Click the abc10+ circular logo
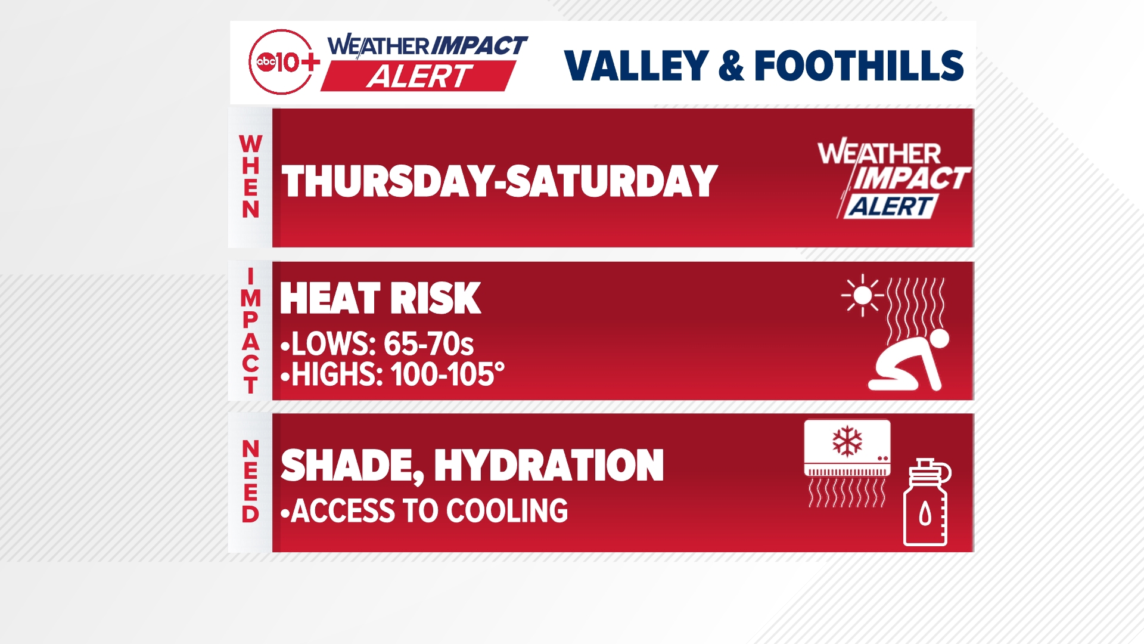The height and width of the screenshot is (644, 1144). (x=282, y=62)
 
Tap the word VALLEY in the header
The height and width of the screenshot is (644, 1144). (x=636, y=66)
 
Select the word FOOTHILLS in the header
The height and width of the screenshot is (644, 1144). (x=859, y=66)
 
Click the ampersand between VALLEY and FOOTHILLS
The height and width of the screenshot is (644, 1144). (x=731, y=66)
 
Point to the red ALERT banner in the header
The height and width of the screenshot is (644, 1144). (x=418, y=76)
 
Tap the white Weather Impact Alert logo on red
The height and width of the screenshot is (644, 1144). (x=892, y=179)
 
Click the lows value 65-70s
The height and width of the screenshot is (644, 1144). (x=428, y=344)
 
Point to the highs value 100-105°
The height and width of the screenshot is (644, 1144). (x=447, y=375)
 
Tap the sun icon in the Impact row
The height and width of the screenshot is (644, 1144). (x=862, y=295)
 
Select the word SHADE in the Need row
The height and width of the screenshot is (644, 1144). (x=352, y=466)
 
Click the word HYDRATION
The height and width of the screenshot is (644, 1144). (x=549, y=466)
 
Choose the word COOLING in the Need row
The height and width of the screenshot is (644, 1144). (x=506, y=511)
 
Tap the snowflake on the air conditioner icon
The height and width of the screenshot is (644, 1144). (x=847, y=442)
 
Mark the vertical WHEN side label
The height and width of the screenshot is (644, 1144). (x=250, y=177)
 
